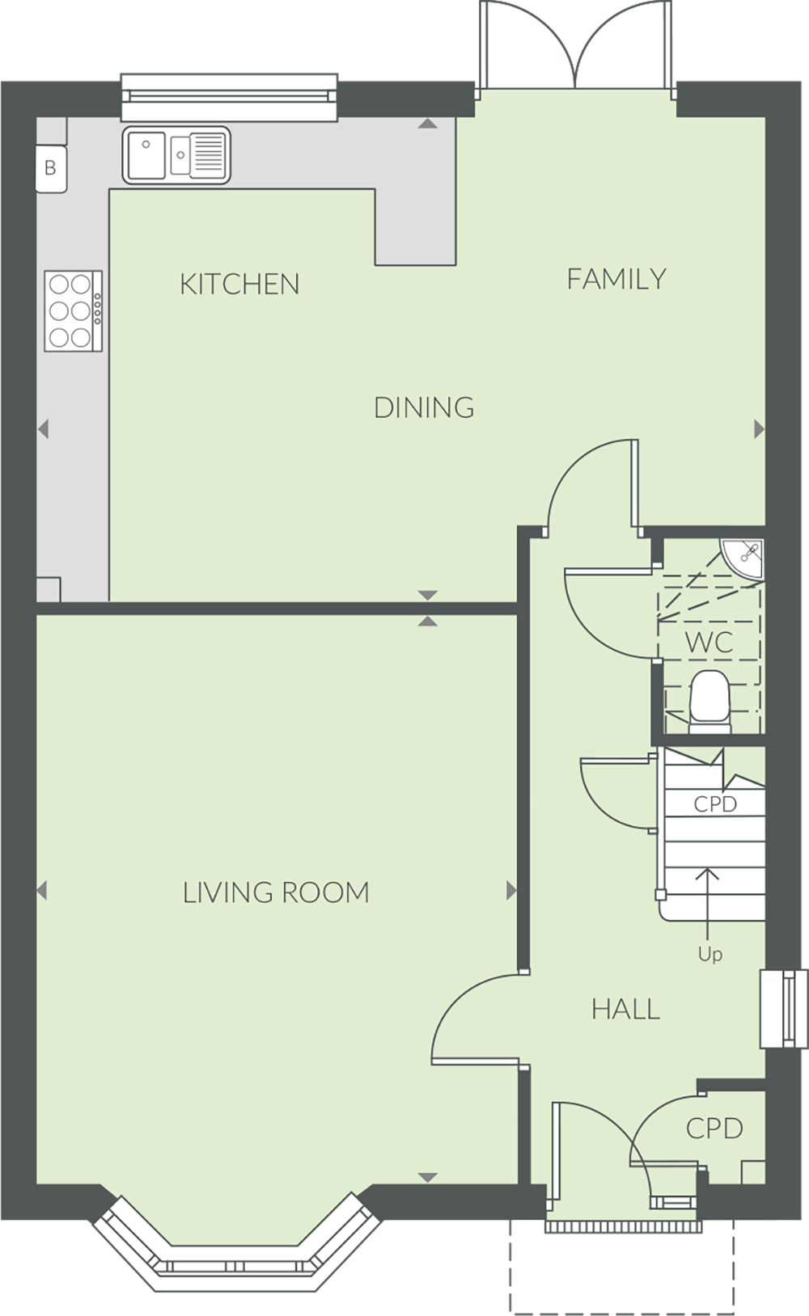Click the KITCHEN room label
click(x=239, y=285)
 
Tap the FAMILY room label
click(x=616, y=279)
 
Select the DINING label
click(x=424, y=407)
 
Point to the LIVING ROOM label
click(x=276, y=892)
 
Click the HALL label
click(x=625, y=1010)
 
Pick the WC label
click(x=709, y=642)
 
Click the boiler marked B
click(x=51, y=169)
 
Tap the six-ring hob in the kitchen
click(x=74, y=310)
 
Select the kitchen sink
click(x=176, y=155)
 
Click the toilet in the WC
click(x=709, y=702)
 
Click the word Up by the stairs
click(x=710, y=954)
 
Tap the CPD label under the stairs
click(x=715, y=804)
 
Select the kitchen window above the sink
click(x=229, y=97)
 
